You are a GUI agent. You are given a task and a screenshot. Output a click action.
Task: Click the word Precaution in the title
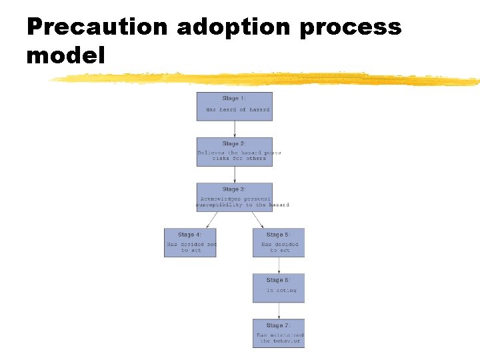tap(97, 27)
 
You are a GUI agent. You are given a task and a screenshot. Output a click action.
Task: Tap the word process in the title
tap(351, 27)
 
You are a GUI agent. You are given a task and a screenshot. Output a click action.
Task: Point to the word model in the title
tap(65, 55)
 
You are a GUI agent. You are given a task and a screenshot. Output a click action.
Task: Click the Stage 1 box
tap(234, 106)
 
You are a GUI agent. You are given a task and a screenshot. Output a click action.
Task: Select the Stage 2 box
tap(234, 151)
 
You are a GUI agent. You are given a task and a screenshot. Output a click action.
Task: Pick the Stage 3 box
tap(234, 197)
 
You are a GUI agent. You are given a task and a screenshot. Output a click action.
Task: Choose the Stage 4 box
tap(190, 243)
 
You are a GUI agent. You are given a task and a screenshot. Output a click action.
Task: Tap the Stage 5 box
tap(279, 243)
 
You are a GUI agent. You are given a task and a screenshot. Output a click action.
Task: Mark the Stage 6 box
tap(279, 288)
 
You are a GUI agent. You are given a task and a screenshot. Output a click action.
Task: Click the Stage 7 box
tap(279, 333)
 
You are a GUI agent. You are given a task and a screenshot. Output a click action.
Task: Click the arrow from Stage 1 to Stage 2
tap(234, 129)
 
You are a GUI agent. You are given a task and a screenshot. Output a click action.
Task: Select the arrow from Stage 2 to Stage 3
tap(234, 175)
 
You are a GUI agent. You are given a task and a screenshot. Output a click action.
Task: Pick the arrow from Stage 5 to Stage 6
tap(279, 265)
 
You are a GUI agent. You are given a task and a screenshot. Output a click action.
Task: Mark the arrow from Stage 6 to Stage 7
tap(279, 311)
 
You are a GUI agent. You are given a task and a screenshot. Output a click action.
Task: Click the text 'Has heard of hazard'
tap(237, 109)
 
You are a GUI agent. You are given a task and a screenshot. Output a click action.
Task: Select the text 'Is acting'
tap(281, 291)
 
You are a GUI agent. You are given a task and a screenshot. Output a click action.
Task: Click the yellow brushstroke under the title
tap(267, 79)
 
